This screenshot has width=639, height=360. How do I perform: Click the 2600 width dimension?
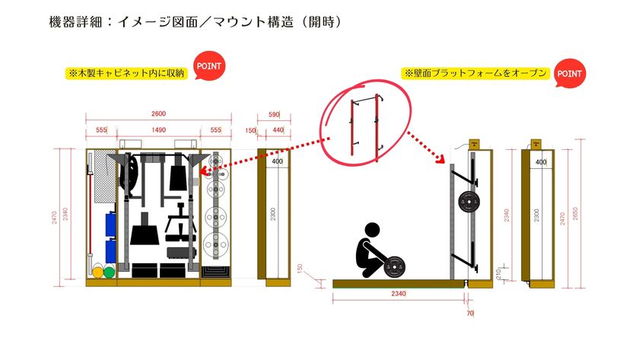[x=158, y=114]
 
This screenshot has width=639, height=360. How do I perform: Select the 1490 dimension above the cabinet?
[x=158, y=130]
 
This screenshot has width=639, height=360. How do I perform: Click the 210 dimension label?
[x=498, y=272]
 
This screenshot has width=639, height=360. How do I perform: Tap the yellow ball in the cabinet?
[x=97, y=271]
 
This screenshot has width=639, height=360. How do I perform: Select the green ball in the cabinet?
[x=109, y=271]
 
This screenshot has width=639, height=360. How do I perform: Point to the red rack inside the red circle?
[x=364, y=126]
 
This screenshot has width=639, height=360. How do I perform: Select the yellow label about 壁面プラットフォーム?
[x=475, y=74]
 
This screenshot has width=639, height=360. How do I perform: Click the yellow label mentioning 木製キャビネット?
[x=126, y=74]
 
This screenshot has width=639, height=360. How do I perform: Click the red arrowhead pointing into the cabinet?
[x=203, y=172]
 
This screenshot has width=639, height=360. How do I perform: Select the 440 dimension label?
[x=278, y=130]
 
